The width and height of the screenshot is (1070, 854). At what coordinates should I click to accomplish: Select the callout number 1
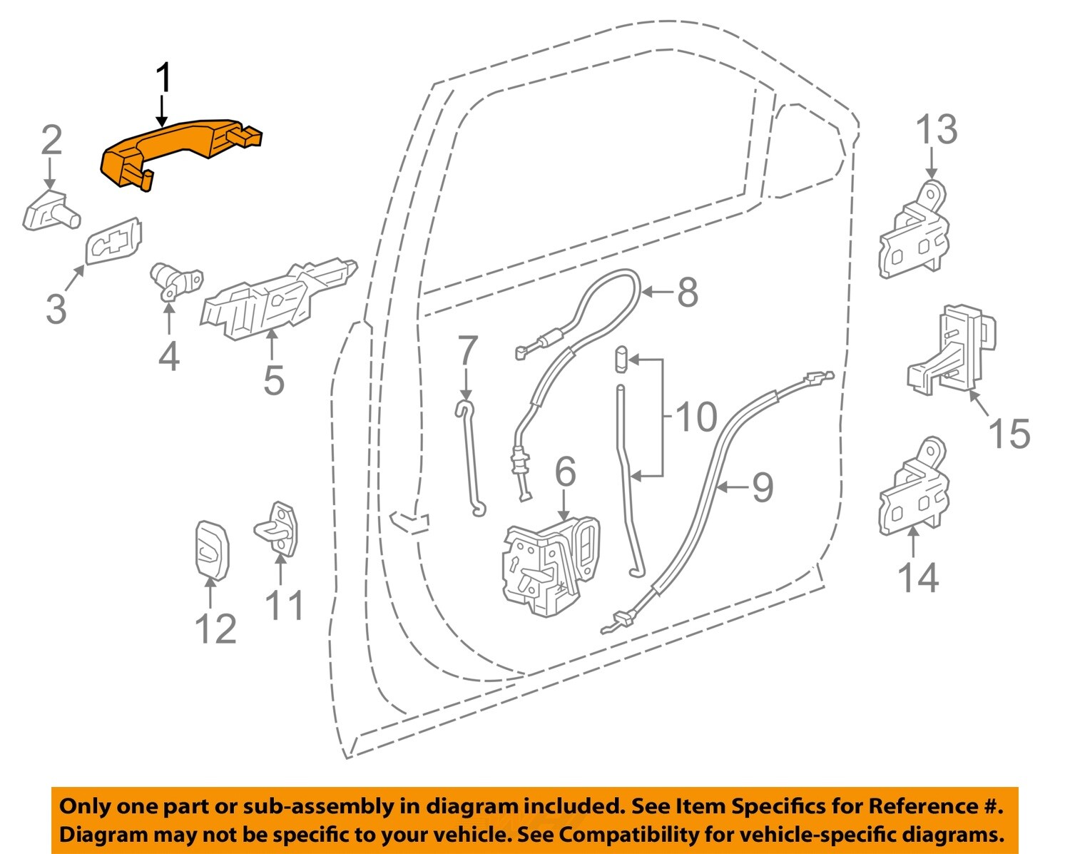click(163, 78)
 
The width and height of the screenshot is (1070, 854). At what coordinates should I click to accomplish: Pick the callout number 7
click(467, 352)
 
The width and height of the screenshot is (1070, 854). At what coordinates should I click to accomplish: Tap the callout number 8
click(687, 293)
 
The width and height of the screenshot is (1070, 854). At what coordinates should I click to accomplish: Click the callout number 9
click(762, 487)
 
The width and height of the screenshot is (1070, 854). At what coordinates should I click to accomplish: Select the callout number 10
click(695, 417)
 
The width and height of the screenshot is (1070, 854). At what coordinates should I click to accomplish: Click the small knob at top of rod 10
click(620, 357)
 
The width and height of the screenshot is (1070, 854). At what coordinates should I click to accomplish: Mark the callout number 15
click(1009, 434)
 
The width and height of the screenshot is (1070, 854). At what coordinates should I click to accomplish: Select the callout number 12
click(215, 629)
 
